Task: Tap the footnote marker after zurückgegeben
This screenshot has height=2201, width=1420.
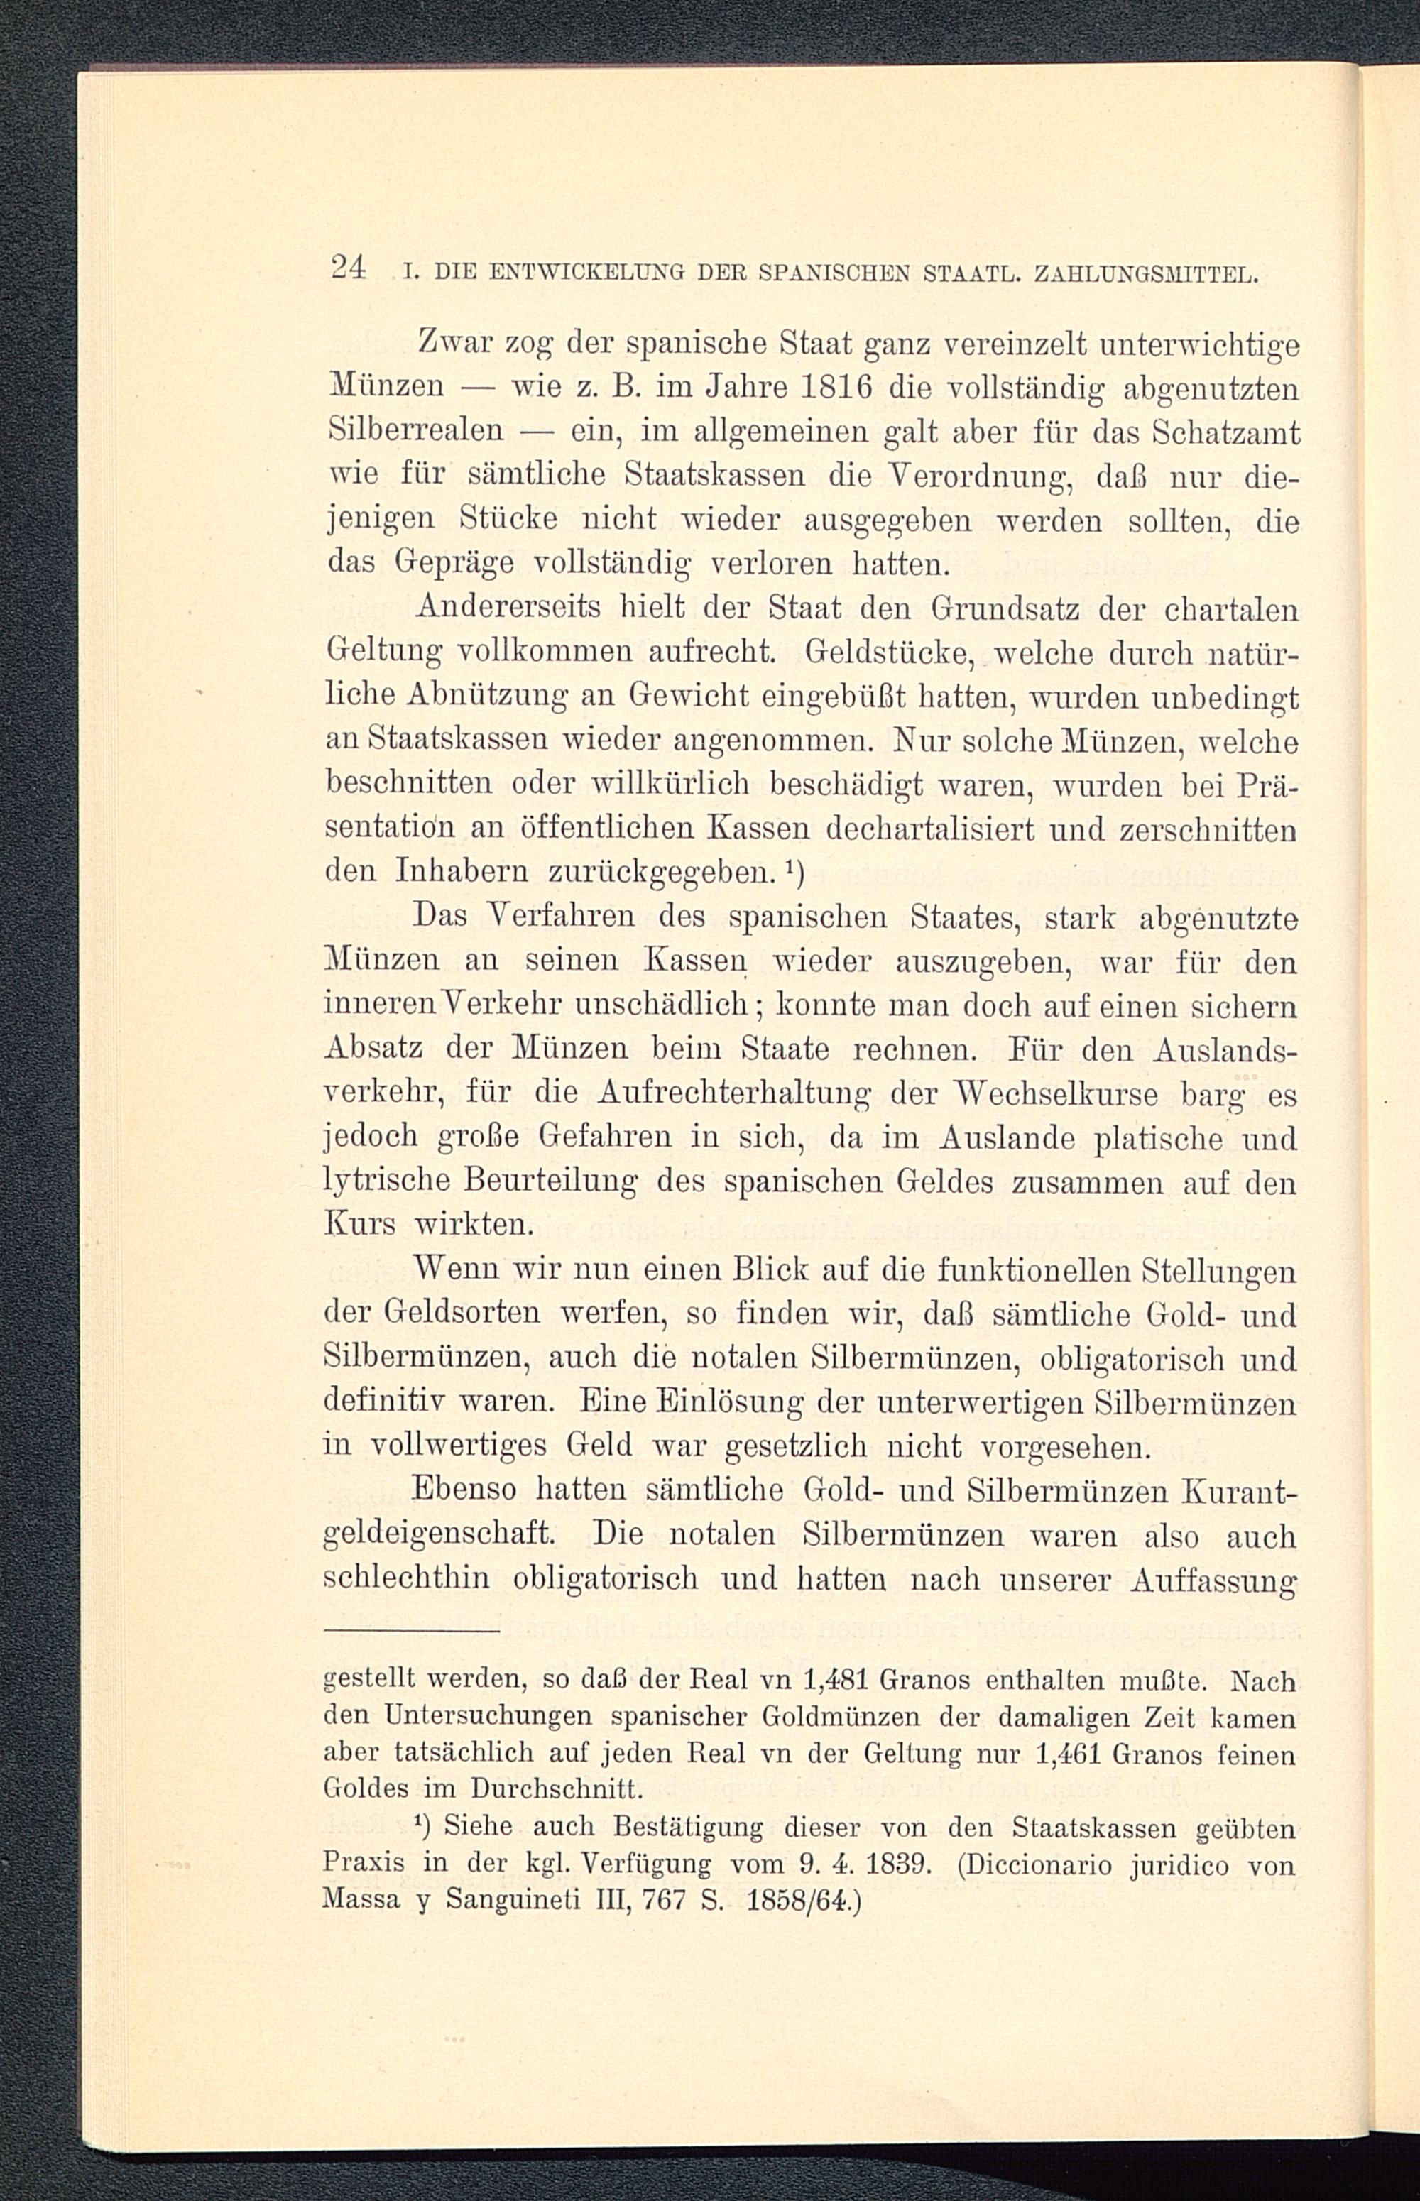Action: click(794, 868)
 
